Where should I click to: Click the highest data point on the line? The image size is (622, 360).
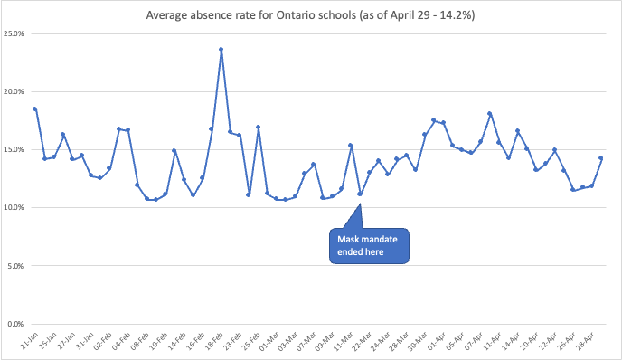coord(221,50)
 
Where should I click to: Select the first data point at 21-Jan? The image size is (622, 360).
coord(35,109)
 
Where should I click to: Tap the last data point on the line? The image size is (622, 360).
coord(601,158)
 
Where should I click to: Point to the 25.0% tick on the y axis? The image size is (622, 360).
coord(14,33)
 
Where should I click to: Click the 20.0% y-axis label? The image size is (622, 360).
coord(14,91)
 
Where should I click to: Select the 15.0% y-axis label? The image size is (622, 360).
coord(14,149)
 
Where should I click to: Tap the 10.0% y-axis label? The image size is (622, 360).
coord(14,207)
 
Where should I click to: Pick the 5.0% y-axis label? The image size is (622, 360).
coord(16,266)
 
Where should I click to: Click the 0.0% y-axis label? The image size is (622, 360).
coord(16,324)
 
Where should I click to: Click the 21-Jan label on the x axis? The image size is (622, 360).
coord(27,343)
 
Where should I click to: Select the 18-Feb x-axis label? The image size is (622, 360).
coord(213,343)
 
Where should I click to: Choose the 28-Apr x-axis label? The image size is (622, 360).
coord(585,343)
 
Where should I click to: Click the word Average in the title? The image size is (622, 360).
coord(170,15)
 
